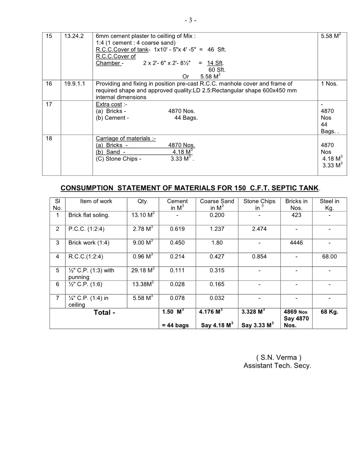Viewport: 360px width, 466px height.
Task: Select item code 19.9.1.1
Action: (75, 84)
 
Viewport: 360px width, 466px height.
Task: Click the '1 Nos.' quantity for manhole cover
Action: (329, 84)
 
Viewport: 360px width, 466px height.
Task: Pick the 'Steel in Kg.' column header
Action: (329, 205)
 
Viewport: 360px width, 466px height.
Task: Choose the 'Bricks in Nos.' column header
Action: (296, 205)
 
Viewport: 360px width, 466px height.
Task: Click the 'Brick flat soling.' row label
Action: (89, 215)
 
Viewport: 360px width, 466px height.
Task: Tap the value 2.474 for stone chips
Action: (259, 229)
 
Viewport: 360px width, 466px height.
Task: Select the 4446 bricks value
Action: (296, 243)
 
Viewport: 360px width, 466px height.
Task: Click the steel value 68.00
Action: (329, 257)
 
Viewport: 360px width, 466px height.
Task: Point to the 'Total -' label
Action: (104, 313)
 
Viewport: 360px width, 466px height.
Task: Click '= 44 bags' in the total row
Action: (175, 325)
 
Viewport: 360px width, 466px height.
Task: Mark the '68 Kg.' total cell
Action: (329, 312)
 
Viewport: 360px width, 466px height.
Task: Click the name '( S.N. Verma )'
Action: (279, 358)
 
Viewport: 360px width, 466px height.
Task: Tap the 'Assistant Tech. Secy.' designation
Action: (277, 366)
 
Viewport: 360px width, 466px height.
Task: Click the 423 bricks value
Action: (296, 215)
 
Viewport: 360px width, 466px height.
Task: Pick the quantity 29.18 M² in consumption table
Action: (143, 270)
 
